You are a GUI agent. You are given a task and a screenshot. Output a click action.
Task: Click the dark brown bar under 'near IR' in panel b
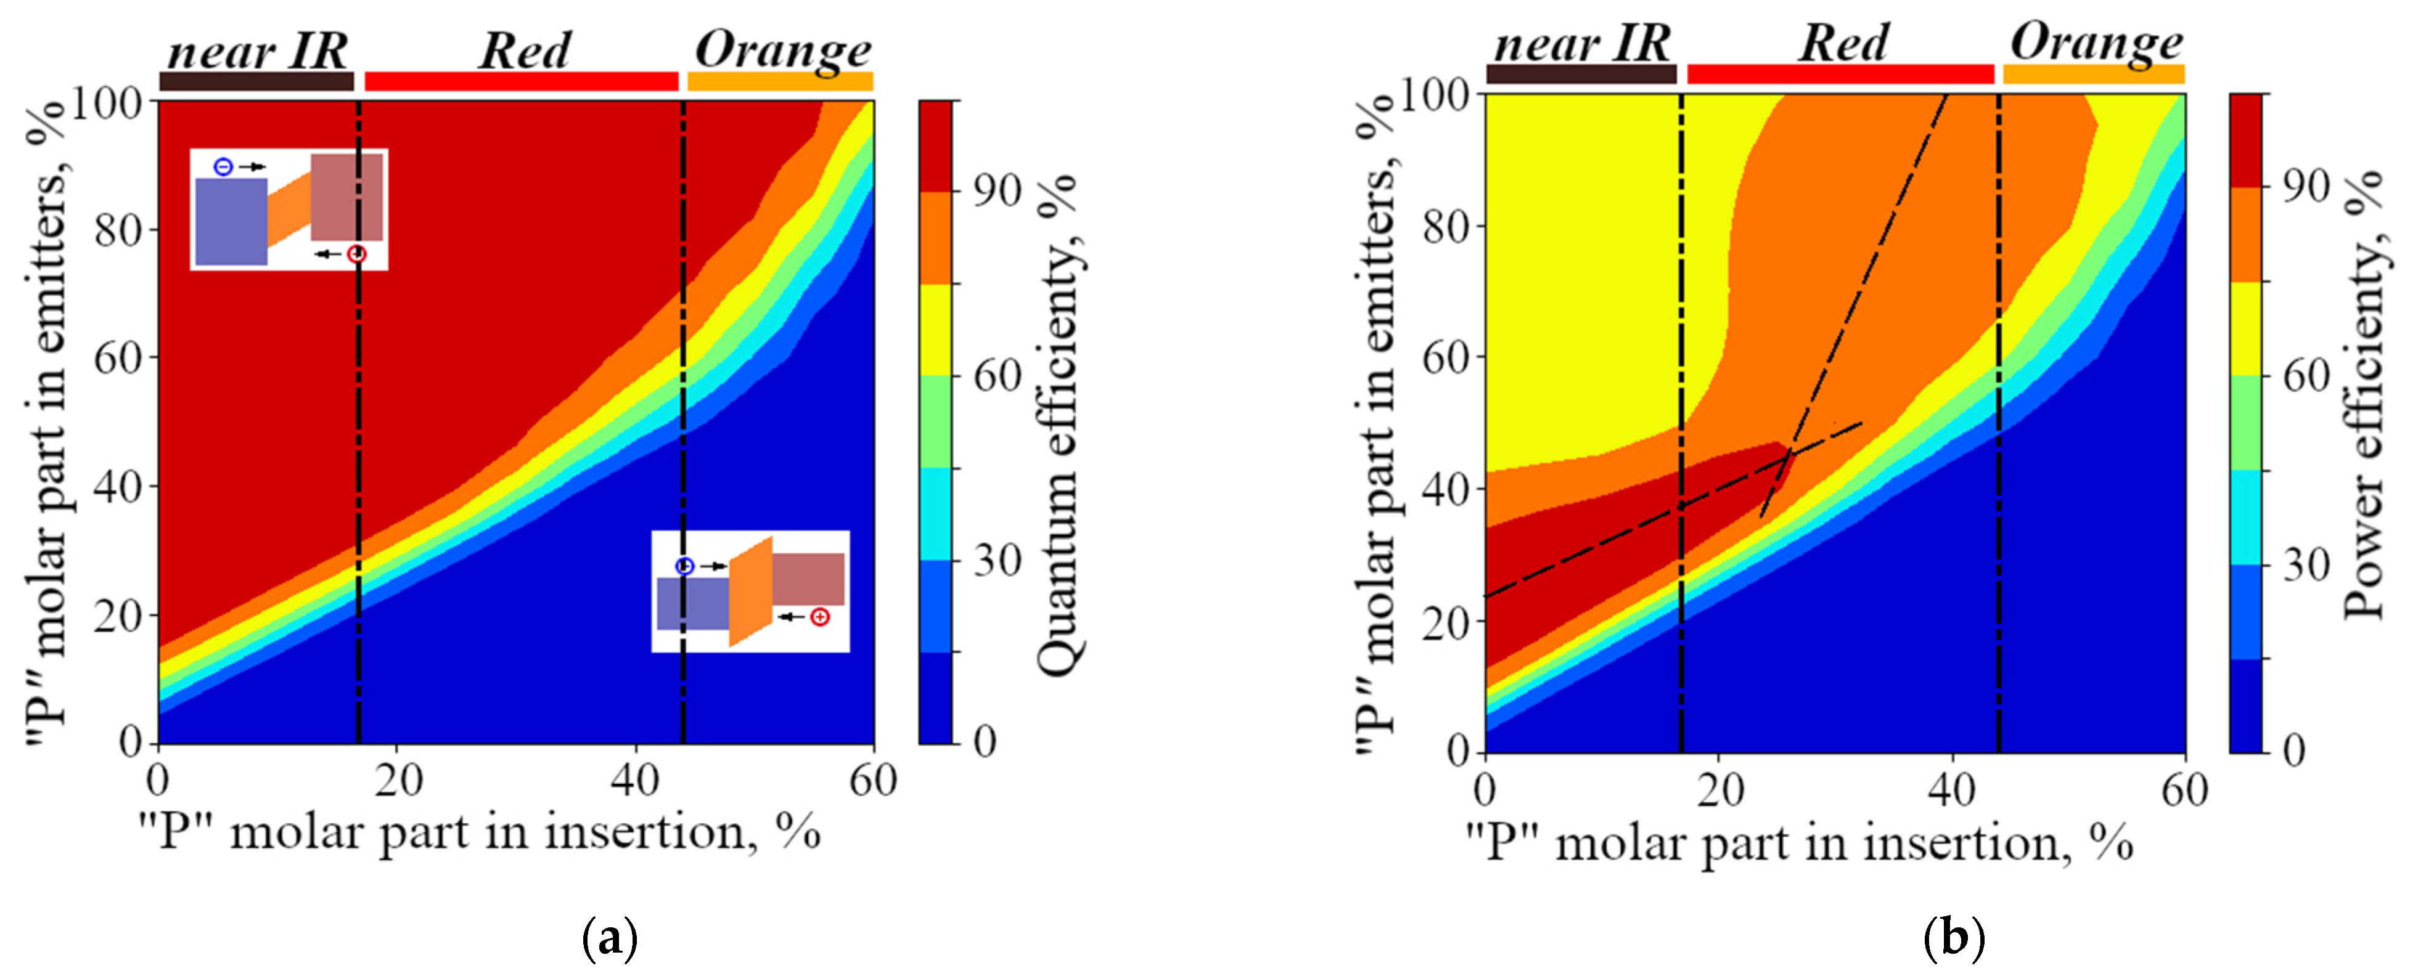[1581, 74]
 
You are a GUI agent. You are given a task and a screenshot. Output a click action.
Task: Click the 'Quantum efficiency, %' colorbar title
[1059, 422]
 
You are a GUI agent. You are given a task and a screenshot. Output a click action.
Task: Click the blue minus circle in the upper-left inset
[223, 167]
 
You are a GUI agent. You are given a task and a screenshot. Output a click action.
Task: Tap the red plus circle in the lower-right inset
[821, 617]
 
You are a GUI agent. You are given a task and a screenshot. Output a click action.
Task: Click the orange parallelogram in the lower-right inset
[751, 592]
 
